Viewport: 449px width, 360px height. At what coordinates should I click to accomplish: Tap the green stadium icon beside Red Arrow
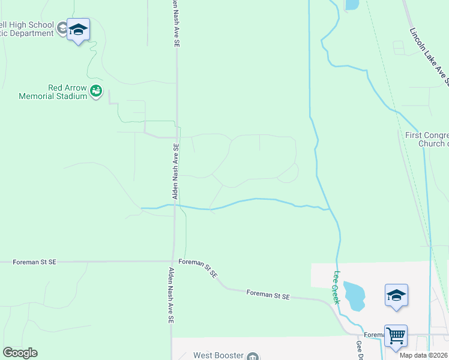(96, 92)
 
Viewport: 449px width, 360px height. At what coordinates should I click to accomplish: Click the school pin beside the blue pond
(396, 296)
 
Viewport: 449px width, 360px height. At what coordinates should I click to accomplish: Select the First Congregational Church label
(427, 139)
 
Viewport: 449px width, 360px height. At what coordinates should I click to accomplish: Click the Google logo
(20, 353)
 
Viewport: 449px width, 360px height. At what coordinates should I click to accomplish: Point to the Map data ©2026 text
(424, 355)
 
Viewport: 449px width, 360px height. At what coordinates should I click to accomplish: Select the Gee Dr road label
(359, 350)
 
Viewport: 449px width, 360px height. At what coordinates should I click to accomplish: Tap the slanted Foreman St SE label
(198, 268)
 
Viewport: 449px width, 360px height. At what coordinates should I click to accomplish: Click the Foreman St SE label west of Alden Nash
(35, 262)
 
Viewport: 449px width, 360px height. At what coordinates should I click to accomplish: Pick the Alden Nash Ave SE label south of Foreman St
(170, 296)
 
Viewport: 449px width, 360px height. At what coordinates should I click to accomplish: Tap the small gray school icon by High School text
(62, 28)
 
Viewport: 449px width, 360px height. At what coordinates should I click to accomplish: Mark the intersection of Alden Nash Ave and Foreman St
(174, 261)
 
